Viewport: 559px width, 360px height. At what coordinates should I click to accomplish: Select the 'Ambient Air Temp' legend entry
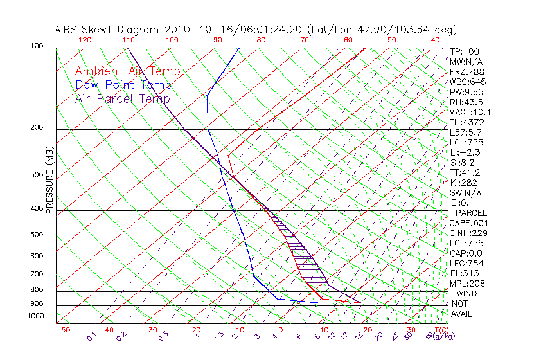pyautogui.click(x=127, y=71)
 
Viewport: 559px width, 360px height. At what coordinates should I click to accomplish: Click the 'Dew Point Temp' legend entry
pyautogui.click(x=123, y=85)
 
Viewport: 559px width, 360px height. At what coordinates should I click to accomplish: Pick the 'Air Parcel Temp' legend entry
pyautogui.click(x=122, y=98)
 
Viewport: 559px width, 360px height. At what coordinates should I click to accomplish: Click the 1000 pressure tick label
pyautogui.click(x=35, y=316)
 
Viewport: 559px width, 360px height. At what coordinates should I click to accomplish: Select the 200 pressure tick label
pyautogui.click(x=37, y=127)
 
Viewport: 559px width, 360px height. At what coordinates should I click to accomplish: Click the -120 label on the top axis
pyautogui.click(x=82, y=39)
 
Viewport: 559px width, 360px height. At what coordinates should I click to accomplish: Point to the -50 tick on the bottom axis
pyautogui.click(x=62, y=330)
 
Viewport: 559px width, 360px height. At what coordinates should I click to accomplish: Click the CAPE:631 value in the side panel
pyautogui.click(x=466, y=223)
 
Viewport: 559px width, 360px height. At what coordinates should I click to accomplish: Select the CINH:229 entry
pyautogui.click(x=466, y=233)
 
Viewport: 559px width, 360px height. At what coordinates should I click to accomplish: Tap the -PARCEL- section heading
pyautogui.click(x=471, y=213)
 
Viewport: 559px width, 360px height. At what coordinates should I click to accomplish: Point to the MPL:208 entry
pyautogui.click(x=466, y=283)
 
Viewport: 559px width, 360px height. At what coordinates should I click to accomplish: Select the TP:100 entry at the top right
pyautogui.click(x=465, y=51)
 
